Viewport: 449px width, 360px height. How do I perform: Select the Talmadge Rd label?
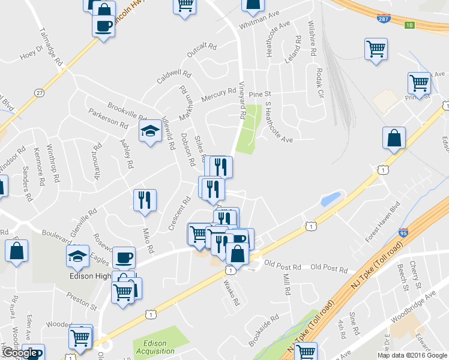[50, 46]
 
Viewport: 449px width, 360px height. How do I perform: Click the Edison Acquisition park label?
[155, 347]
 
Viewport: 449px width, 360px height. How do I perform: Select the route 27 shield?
[40, 92]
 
